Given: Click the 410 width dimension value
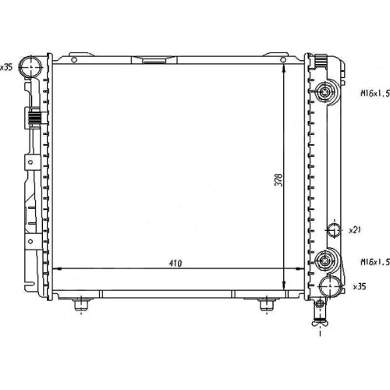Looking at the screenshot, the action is point(175,264).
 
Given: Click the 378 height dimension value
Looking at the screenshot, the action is point(278,179).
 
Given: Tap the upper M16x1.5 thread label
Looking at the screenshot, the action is point(375,94).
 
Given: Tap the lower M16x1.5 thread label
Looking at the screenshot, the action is point(375,262).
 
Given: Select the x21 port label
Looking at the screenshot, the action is point(355,230).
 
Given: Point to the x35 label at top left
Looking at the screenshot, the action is point(6,68).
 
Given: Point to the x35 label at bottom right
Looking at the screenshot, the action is point(360,286).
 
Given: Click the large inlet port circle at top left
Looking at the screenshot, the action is point(31,66).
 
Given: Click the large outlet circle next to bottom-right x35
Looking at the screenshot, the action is point(331,286).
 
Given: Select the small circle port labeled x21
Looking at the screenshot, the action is point(334,230).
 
